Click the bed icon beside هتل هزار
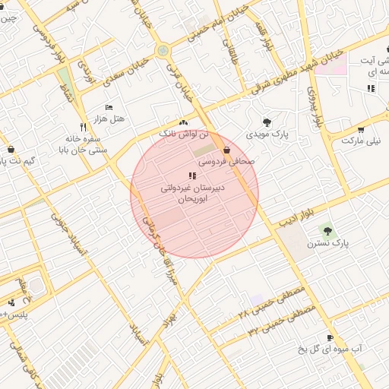click(109, 107)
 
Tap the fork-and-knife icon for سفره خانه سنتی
click(83, 127)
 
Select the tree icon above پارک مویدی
click(267, 122)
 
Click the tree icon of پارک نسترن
click(327, 229)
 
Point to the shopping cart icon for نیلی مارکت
click(361, 129)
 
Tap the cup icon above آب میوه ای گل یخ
click(330, 338)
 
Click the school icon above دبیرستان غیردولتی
click(191, 176)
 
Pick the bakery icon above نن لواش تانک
click(182, 122)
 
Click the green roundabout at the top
click(162, 51)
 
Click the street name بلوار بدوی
click(315, 106)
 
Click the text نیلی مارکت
click(362, 141)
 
